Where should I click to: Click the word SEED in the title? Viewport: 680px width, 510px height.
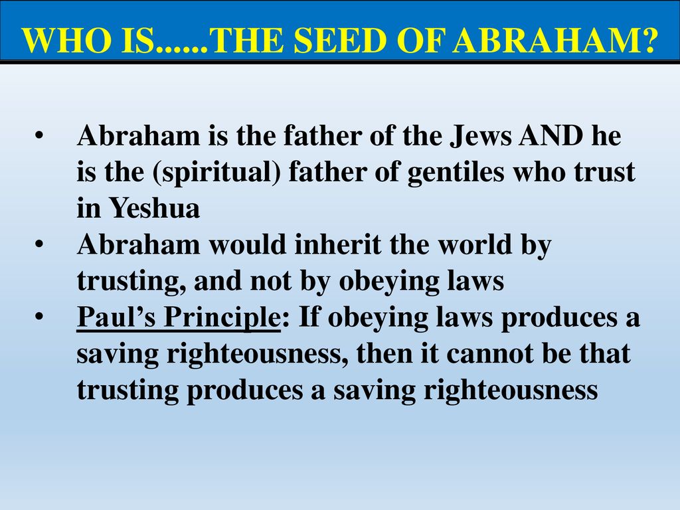pos(339,41)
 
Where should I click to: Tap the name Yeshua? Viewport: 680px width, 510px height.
pos(154,208)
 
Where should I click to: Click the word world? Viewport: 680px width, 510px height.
pos(475,244)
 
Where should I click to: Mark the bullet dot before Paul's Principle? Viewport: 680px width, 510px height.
pos(39,317)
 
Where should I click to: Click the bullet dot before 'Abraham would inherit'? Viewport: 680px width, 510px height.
pos(39,244)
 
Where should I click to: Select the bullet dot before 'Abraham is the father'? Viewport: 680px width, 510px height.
pos(39,135)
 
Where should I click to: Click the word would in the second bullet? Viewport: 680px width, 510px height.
pos(248,244)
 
